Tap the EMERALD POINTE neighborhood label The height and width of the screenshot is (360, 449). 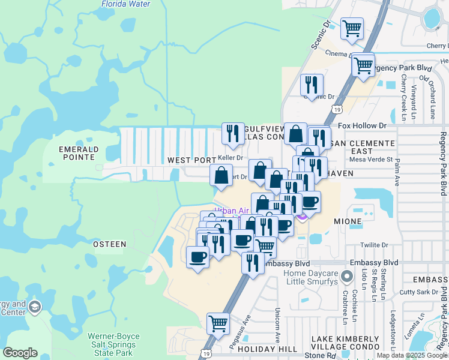tap(76, 152)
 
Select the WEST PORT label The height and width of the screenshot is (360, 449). tap(191, 160)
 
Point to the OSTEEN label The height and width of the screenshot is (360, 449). tap(110, 244)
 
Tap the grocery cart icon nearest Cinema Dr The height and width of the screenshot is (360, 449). tap(352, 28)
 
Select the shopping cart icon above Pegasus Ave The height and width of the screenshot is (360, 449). tap(218, 323)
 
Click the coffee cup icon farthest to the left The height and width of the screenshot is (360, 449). tap(197, 257)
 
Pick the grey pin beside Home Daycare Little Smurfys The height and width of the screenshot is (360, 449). tap(346, 277)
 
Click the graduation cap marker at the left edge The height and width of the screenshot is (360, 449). tap(35, 307)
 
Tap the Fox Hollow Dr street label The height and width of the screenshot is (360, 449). tap(362, 126)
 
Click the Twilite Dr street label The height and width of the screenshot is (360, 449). tap(375, 245)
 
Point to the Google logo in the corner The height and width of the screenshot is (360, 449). tap(21, 353)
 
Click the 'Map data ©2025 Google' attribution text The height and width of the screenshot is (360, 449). tap(411, 355)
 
